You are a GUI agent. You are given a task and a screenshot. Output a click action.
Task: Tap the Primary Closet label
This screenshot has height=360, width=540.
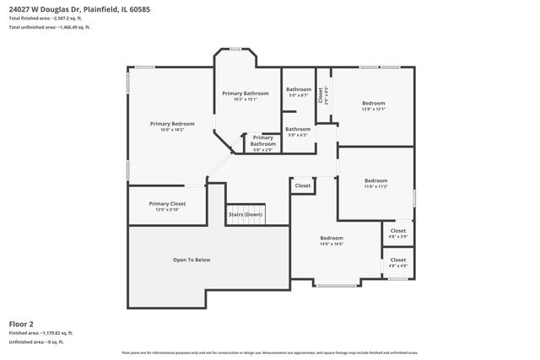(x=167, y=203)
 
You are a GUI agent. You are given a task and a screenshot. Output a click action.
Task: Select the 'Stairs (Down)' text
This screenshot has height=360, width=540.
(x=245, y=214)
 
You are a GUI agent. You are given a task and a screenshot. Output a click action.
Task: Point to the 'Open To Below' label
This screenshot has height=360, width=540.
(x=192, y=260)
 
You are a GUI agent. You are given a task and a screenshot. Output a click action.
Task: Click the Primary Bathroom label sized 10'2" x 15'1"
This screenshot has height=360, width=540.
(x=246, y=93)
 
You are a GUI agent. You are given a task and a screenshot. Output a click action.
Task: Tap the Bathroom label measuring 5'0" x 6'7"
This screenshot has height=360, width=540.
(x=298, y=89)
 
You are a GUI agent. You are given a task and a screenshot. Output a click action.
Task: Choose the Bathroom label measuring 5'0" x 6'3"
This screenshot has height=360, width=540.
(x=298, y=129)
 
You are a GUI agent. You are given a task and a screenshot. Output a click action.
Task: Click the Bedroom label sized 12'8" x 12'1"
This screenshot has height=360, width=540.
(x=373, y=103)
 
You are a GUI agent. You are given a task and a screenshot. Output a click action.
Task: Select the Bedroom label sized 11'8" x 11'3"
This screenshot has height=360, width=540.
(x=375, y=180)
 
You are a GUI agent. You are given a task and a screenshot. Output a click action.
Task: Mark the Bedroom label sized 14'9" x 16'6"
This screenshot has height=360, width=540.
(x=331, y=238)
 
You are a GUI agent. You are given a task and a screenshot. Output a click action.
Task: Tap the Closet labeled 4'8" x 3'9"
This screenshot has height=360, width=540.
(x=397, y=230)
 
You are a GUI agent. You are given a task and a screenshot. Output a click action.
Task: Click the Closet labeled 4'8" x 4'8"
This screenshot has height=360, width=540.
(x=397, y=260)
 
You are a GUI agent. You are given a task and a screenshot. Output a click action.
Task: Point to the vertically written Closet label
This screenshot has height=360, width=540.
(x=321, y=94)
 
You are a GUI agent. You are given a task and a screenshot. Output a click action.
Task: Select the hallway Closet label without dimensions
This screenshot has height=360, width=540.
(x=302, y=185)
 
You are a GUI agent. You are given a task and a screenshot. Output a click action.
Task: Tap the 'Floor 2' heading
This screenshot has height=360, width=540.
(x=21, y=323)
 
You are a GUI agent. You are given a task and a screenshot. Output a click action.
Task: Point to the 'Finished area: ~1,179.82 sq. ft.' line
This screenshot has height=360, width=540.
(x=41, y=333)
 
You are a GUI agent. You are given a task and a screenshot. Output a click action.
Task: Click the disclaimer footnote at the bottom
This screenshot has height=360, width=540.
(x=269, y=352)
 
